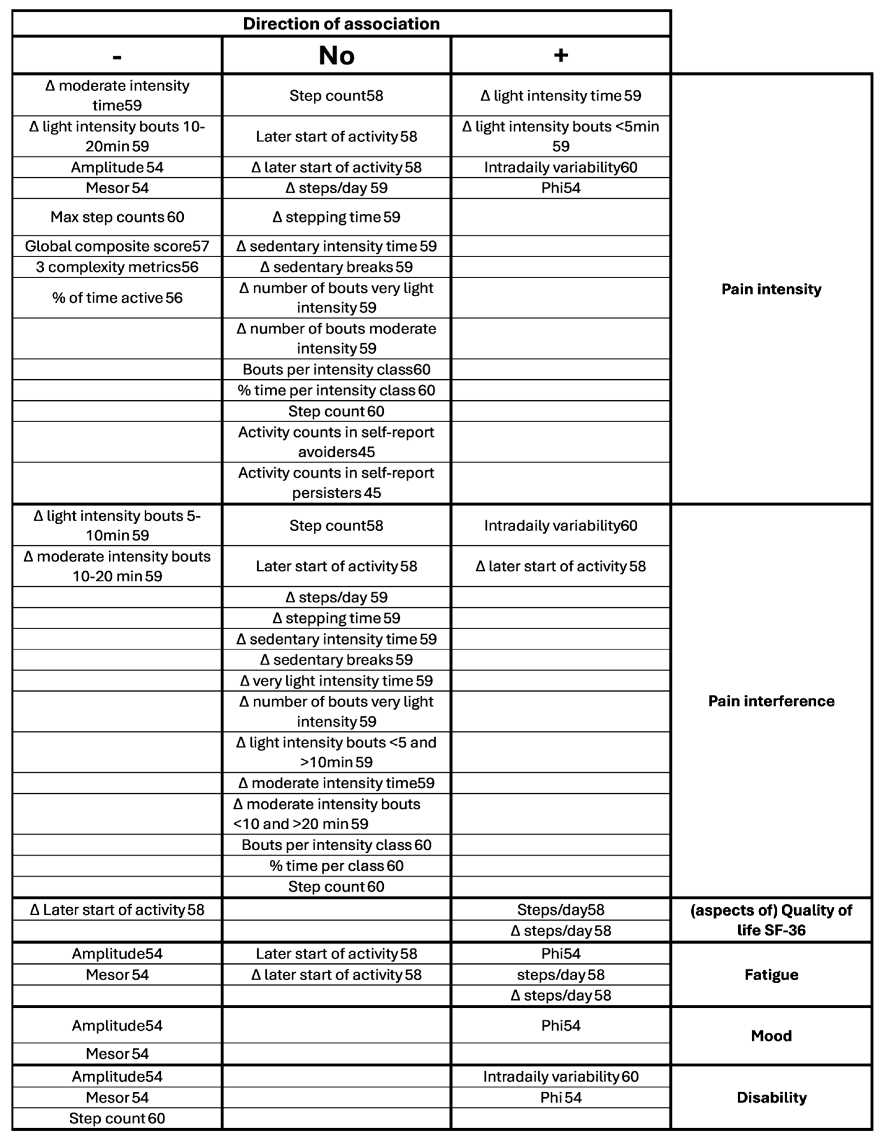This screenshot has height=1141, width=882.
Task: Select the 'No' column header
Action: point(336,55)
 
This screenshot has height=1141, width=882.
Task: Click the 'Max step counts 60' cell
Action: point(117,217)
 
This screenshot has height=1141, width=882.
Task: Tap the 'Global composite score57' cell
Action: point(117,246)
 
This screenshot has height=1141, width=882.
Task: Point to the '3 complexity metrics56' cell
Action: point(117,267)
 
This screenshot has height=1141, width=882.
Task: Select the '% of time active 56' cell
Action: point(117,298)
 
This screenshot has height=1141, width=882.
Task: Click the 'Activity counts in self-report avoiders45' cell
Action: point(336,442)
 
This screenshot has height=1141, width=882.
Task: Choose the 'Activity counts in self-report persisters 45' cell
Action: point(336,483)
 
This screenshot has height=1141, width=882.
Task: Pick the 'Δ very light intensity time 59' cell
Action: point(336,681)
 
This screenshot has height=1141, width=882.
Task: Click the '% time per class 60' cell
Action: point(336,866)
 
